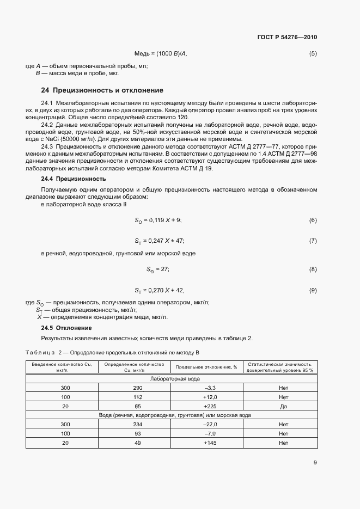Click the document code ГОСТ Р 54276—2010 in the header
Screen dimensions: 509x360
286,38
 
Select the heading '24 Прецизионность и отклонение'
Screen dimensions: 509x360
102,90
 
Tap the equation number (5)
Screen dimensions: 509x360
313,53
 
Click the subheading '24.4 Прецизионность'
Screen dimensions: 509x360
74,179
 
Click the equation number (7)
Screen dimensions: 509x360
313,240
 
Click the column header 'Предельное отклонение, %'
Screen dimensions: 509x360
206,367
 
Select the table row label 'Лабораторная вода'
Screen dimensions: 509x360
175,378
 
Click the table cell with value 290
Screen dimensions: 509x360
137,388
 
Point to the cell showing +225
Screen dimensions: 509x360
210,406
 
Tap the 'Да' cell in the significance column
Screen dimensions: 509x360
283,406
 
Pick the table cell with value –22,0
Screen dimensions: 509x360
210,424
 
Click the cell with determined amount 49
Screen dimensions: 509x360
137,443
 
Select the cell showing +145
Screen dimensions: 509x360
210,443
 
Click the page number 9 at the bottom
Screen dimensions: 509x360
315,463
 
